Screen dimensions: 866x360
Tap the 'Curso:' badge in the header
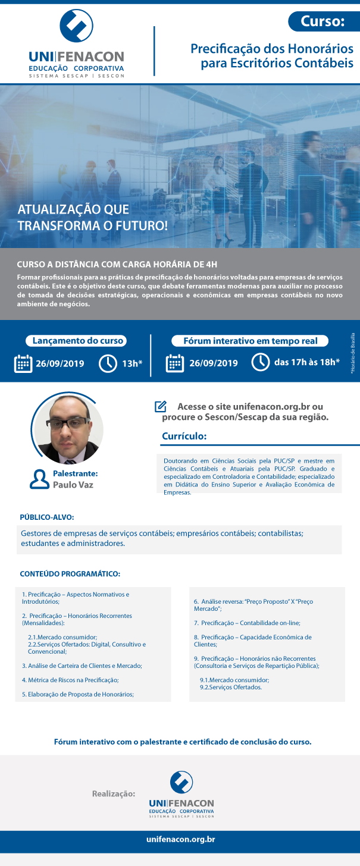pyautogui.click(x=323, y=22)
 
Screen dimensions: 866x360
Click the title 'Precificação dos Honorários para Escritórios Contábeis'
pyautogui.click(x=272, y=55)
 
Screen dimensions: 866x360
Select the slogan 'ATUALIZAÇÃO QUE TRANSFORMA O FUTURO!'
pyautogui.click(x=93, y=218)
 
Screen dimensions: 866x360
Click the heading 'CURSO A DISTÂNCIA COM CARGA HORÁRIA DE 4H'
pyautogui.click(x=113, y=264)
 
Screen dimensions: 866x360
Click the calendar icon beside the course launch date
pyautogui.click(x=23, y=363)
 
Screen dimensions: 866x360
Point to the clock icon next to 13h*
pyautogui.click(x=108, y=363)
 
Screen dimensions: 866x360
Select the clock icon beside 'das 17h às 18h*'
pyautogui.click(x=261, y=362)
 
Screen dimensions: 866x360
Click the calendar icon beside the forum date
pyautogui.click(x=174, y=363)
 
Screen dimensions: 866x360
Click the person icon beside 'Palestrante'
pyautogui.click(x=39, y=479)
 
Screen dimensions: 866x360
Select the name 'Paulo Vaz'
pyautogui.click(x=73, y=485)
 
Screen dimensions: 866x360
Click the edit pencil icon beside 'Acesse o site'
pyautogui.click(x=160, y=407)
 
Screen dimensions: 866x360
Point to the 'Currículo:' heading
pyautogui.click(x=184, y=437)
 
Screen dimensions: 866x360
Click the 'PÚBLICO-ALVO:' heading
pyautogui.click(x=47, y=517)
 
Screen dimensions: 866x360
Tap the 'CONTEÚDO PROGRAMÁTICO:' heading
pyautogui.click(x=70, y=574)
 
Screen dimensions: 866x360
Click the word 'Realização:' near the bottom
pyautogui.click(x=114, y=793)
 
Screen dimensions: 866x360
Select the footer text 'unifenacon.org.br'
pyautogui.click(x=180, y=839)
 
